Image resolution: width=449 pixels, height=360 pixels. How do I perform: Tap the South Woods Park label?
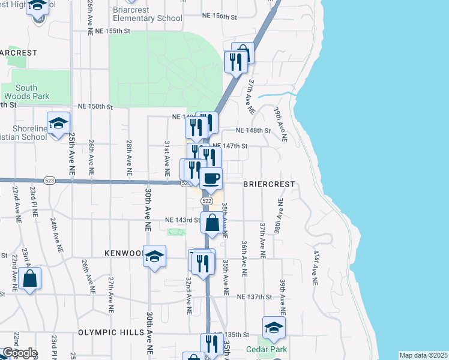click(x=26, y=92)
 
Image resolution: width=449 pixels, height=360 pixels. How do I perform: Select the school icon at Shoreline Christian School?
click(x=58, y=124)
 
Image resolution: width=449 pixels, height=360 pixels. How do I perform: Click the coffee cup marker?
click(x=211, y=179)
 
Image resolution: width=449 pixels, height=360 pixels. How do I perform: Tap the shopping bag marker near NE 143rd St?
click(x=212, y=223)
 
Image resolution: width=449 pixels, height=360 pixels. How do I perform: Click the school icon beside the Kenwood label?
click(x=154, y=257)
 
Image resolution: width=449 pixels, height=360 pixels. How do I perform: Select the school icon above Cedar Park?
click(x=274, y=328)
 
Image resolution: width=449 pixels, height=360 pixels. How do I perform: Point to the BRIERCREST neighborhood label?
click(x=269, y=185)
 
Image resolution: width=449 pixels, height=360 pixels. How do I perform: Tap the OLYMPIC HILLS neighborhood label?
click(x=112, y=332)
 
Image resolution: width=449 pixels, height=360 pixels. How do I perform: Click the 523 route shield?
click(x=50, y=180)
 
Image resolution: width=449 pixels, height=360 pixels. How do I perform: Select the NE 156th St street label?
click(x=220, y=16)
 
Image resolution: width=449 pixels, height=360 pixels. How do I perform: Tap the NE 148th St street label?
click(x=253, y=130)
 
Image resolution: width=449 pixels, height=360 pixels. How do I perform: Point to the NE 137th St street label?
click(x=255, y=297)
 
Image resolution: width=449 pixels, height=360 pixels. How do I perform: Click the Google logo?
click(x=20, y=353)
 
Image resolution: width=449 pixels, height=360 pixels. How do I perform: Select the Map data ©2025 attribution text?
click(x=423, y=355)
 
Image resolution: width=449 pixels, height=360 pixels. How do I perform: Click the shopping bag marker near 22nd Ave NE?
click(x=29, y=279)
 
